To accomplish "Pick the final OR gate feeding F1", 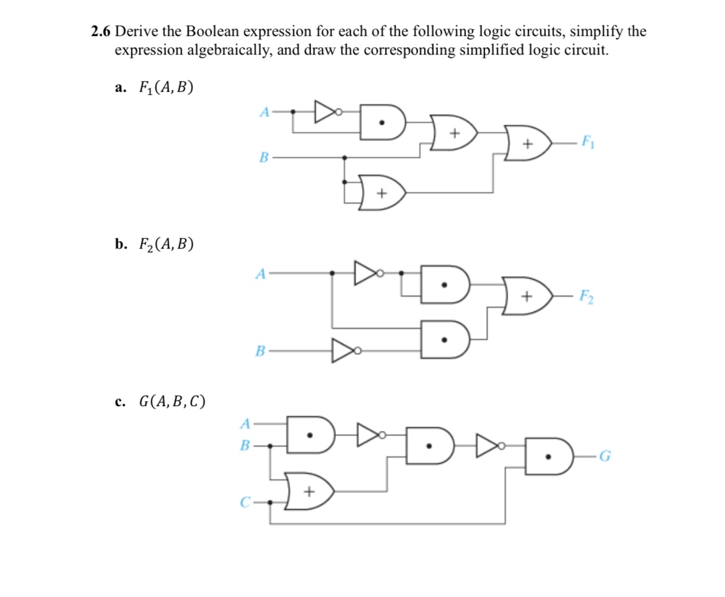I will tap(528, 143).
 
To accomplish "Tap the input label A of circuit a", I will tap(264, 112).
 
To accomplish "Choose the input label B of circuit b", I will tap(261, 352).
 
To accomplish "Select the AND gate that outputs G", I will tap(548, 458).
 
